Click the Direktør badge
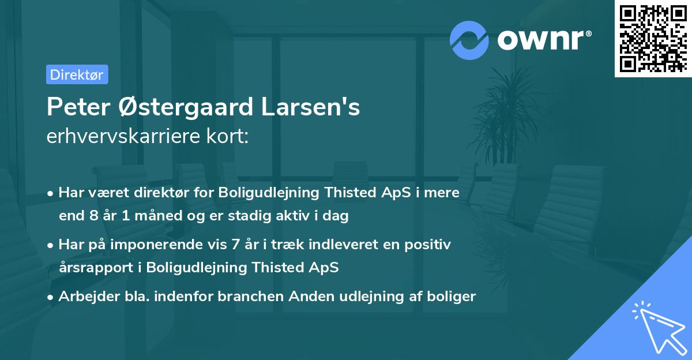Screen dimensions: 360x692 [x=77, y=75]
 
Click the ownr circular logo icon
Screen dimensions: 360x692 [x=470, y=40]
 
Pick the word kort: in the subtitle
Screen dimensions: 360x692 [x=231, y=137]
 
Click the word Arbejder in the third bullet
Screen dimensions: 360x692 [x=84, y=297]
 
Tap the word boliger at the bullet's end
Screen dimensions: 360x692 [x=453, y=297]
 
